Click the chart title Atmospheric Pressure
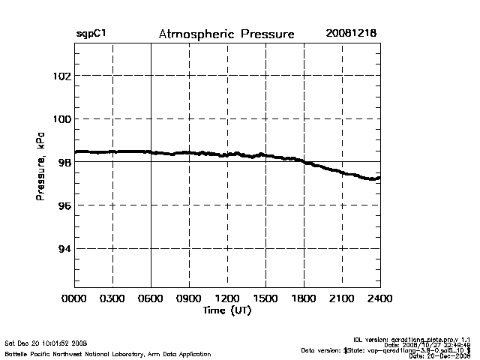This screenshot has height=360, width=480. pyautogui.click(x=226, y=34)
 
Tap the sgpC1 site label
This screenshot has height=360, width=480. pyautogui.click(x=91, y=34)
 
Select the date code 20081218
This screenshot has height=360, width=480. pyautogui.click(x=351, y=34)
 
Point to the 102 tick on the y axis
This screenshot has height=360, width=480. pyautogui.click(x=61, y=76)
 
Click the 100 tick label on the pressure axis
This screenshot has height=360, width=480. pyautogui.click(x=61, y=119)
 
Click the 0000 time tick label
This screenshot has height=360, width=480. pyautogui.click(x=74, y=300)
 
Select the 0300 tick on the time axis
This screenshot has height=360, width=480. pyautogui.click(x=112, y=300)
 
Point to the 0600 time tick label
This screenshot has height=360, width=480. pyautogui.click(x=151, y=300)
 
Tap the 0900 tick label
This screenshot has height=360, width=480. pyautogui.click(x=189, y=300)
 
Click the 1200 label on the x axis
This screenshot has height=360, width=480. pyautogui.click(x=227, y=300)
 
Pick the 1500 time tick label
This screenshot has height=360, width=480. pyautogui.click(x=265, y=300)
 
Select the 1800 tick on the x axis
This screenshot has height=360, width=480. pyautogui.click(x=304, y=300)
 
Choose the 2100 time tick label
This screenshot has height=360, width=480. pyautogui.click(x=342, y=300)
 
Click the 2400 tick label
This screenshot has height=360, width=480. pyautogui.click(x=379, y=300)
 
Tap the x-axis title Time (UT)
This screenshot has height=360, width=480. pyautogui.click(x=226, y=310)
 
